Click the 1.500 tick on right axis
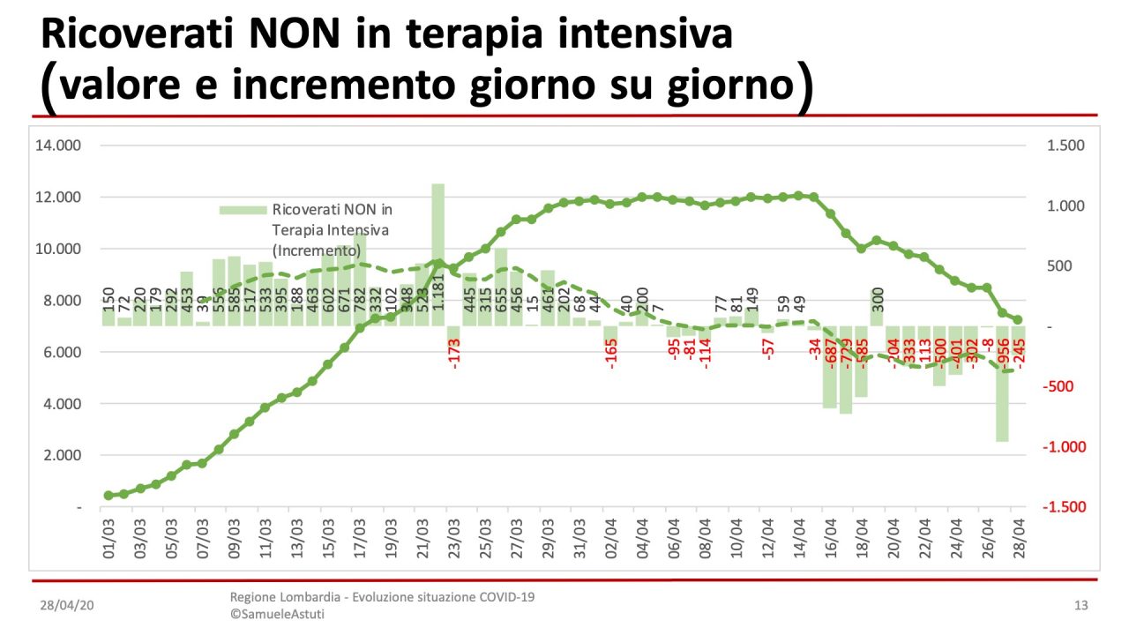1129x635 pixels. [1065, 146]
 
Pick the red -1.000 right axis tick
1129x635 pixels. [1064, 447]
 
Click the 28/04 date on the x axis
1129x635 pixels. [1018, 541]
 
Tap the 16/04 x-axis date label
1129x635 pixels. [830, 541]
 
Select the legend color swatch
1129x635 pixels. [242, 210]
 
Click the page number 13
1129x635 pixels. [1081, 605]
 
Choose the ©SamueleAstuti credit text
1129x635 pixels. [277, 614]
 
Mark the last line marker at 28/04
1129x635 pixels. [1017, 320]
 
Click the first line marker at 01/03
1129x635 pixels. [108, 496]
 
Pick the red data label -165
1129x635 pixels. [611, 353]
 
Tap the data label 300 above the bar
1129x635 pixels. [878, 300]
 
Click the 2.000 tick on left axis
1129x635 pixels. [58, 456]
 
